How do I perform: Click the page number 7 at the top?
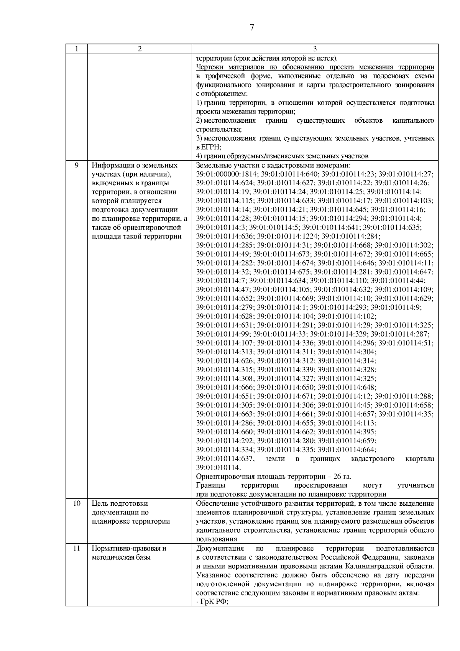coord(251,28)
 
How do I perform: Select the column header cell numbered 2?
coord(140,49)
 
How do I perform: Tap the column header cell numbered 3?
coord(315,49)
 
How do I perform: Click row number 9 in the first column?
coord(76,165)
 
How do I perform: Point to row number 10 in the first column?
coord(76,503)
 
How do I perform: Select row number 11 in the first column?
coord(76,548)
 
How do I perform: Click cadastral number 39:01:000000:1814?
coord(223,174)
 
